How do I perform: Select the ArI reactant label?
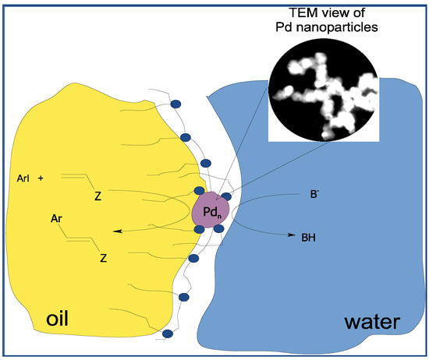[x=23, y=178]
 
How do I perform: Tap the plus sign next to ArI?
[x=41, y=178]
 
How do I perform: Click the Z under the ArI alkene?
[x=97, y=196]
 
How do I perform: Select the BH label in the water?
[x=309, y=235]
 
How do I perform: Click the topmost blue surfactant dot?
[x=175, y=104]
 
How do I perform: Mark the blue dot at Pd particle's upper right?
[x=226, y=196]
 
